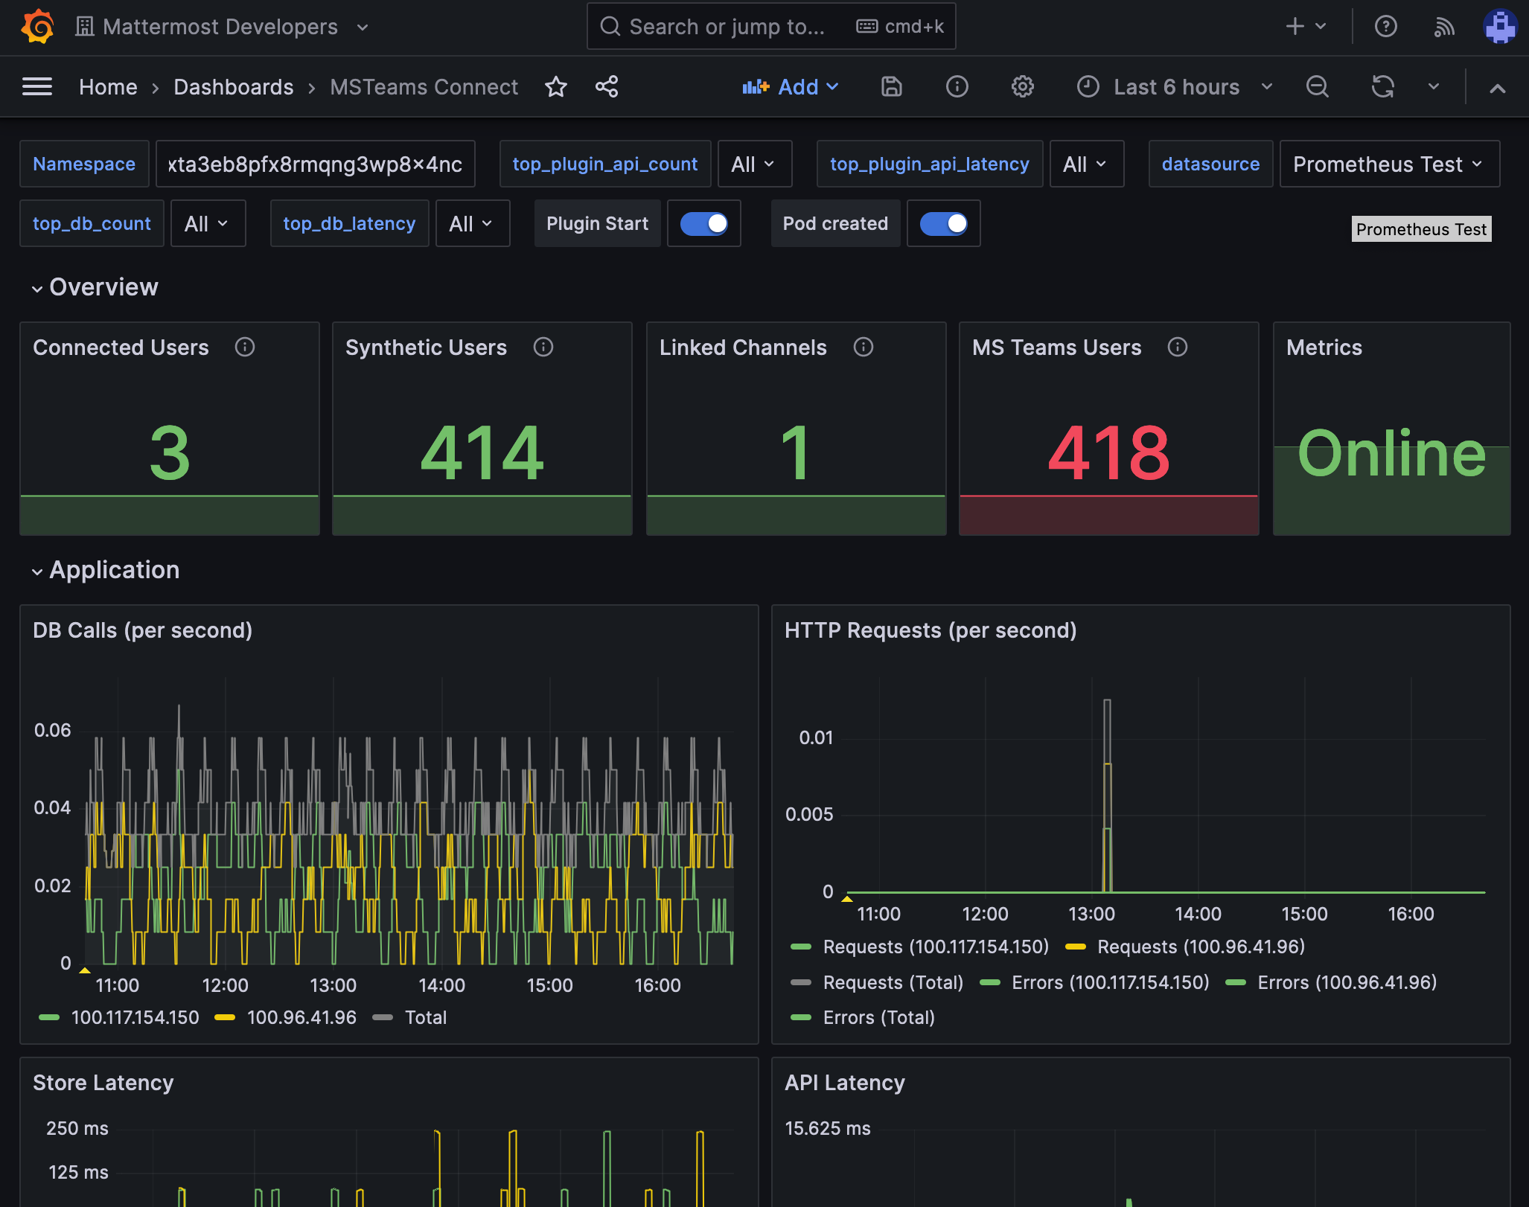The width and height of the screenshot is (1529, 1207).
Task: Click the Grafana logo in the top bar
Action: pyautogui.click(x=37, y=27)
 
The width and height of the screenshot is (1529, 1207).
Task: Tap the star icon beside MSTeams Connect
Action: pyautogui.click(x=556, y=87)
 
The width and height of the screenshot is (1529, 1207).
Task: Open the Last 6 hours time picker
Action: pyautogui.click(x=1175, y=87)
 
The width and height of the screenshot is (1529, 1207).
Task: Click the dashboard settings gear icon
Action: pyautogui.click(x=1022, y=87)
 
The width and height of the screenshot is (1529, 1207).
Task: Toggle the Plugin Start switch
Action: pyautogui.click(x=703, y=223)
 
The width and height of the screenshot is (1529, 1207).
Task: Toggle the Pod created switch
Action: pyautogui.click(x=943, y=223)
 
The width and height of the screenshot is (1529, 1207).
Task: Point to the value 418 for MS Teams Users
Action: pyautogui.click(x=1108, y=452)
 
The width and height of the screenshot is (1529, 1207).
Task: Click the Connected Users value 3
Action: pyautogui.click(x=170, y=452)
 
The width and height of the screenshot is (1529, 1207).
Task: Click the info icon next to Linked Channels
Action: pyautogui.click(x=864, y=347)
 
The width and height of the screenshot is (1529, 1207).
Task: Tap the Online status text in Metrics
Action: pyautogui.click(x=1391, y=452)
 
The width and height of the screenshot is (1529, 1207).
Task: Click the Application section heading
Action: pyautogui.click(x=114, y=570)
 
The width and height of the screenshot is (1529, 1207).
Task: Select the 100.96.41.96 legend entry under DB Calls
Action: pyautogui.click(x=301, y=1017)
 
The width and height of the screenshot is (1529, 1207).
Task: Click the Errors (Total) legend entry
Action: pyautogui.click(x=878, y=1017)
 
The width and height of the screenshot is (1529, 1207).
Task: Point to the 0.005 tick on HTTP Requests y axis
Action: pyautogui.click(x=809, y=814)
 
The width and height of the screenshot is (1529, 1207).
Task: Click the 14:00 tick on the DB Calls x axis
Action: pyautogui.click(x=441, y=985)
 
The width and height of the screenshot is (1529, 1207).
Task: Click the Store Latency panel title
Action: pyautogui.click(x=103, y=1083)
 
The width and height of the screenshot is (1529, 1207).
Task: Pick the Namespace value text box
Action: pyautogui.click(x=315, y=164)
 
